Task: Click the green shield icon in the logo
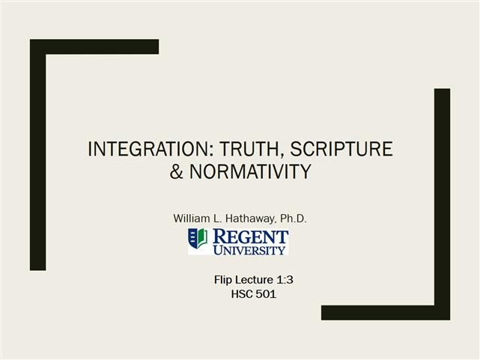(198, 239)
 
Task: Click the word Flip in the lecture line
(223, 280)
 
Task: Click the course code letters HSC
(242, 294)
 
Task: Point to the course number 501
(267, 294)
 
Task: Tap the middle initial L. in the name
(219, 218)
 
